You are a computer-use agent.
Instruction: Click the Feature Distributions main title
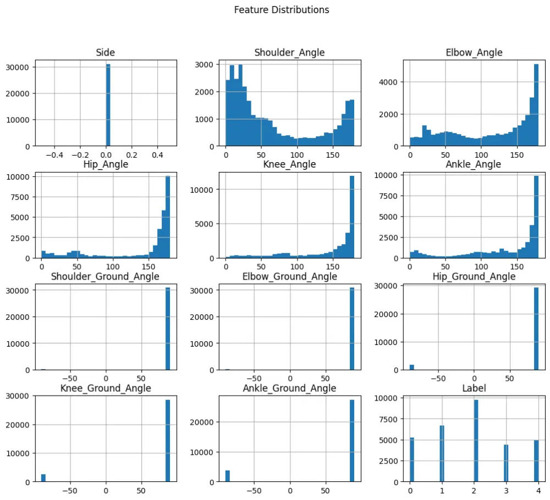coord(282,10)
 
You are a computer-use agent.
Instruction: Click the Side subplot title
coord(105,53)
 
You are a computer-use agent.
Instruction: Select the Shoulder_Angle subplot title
coord(289,53)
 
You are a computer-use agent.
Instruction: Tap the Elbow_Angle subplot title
coord(474,53)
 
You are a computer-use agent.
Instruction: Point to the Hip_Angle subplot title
coord(105,164)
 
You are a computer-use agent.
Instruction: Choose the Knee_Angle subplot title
coord(289,164)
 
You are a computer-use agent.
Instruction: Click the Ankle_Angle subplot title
coord(474,164)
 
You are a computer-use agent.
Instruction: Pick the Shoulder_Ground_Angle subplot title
coord(105,276)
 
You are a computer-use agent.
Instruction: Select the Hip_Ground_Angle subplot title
coord(474,276)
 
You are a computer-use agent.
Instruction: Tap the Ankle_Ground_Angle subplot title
coord(289,388)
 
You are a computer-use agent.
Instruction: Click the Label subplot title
coord(474,388)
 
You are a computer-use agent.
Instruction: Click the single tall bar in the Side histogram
coord(108,104)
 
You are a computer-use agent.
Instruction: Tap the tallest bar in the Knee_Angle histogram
coord(351,217)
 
